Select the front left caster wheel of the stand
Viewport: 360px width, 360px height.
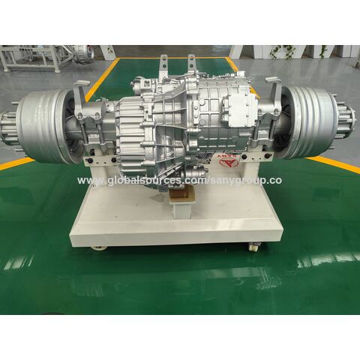point(97,246)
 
